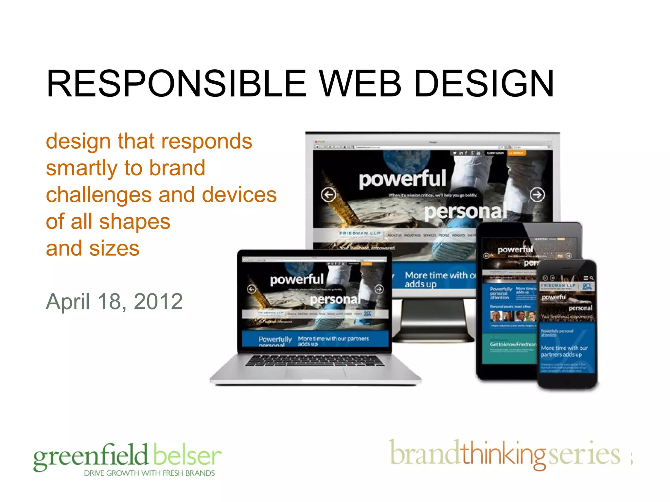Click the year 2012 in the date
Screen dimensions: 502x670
[x=158, y=301]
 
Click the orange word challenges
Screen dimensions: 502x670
[x=98, y=195]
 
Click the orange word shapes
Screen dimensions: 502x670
[x=134, y=222]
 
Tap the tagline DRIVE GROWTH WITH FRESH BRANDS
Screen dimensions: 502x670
[x=149, y=473]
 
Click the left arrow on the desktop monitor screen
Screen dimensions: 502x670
[x=328, y=195]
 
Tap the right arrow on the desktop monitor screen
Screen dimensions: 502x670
[x=537, y=195]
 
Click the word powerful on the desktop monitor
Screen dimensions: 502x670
[x=402, y=179]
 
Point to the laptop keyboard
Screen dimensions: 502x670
[x=315, y=360]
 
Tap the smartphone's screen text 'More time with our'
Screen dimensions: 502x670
[x=564, y=348]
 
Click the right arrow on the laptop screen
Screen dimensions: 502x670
[x=379, y=289]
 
